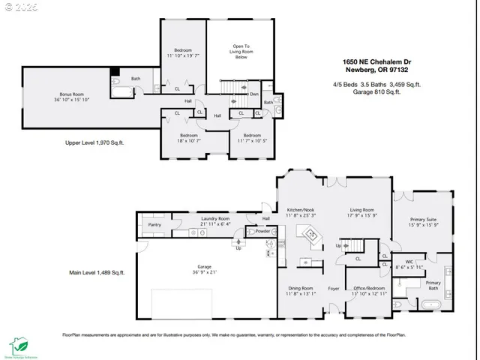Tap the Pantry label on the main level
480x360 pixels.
point(154,224)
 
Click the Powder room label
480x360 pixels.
point(262,231)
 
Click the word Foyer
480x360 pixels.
point(334,288)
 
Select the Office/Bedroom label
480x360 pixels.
point(368,288)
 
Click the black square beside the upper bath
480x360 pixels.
point(114,73)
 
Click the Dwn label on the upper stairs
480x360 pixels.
point(253,94)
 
